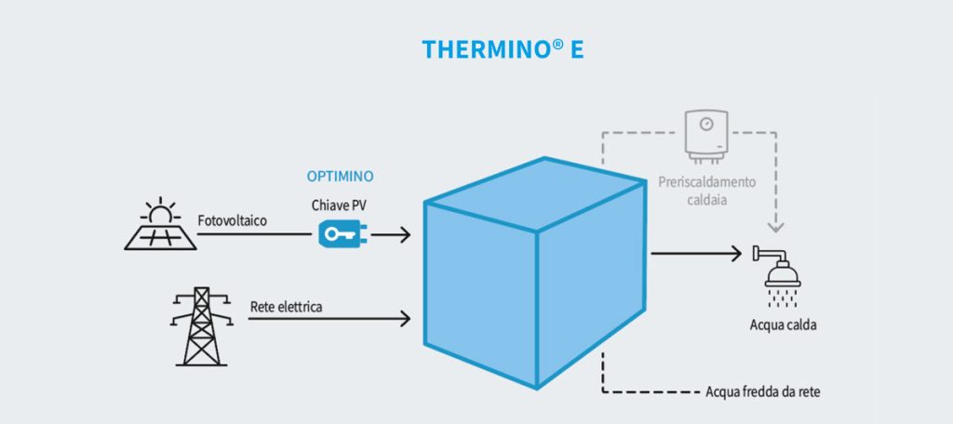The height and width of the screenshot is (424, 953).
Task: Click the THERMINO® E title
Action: pyautogui.click(x=503, y=48)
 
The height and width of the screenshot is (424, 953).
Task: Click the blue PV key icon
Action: pyautogui.click(x=337, y=234)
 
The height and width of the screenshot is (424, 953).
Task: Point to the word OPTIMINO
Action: pyautogui.click(x=340, y=176)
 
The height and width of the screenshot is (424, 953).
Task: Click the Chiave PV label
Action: pyautogui.click(x=339, y=204)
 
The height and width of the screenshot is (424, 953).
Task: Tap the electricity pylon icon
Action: pyautogui.click(x=201, y=325)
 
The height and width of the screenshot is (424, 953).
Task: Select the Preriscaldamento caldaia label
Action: pyautogui.click(x=707, y=191)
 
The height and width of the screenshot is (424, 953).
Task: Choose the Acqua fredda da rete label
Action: pyautogui.click(x=763, y=391)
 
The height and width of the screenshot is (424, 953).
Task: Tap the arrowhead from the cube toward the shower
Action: pyautogui.click(x=734, y=252)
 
